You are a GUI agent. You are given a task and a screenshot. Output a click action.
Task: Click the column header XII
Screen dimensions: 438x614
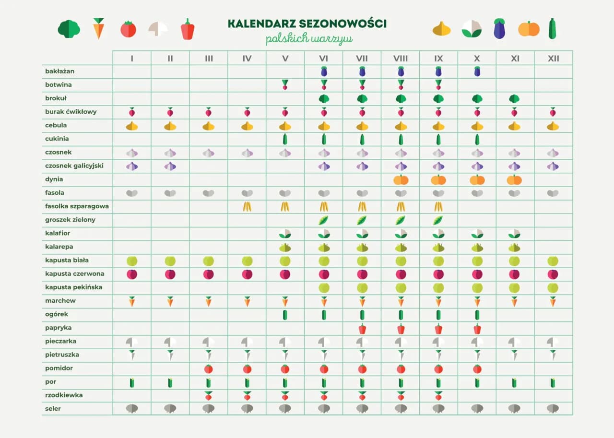(553, 59)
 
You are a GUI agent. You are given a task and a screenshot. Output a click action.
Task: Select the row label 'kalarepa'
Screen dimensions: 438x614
(59, 247)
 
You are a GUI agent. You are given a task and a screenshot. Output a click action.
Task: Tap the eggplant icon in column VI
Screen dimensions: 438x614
(324, 71)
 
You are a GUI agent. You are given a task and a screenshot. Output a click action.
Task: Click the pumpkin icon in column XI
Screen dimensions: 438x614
(514, 180)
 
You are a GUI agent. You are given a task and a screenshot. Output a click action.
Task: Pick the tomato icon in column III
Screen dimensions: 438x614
(208, 369)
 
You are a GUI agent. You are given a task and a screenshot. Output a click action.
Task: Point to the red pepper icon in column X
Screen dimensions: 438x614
(477, 329)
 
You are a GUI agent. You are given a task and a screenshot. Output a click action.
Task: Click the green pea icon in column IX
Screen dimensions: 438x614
(438, 220)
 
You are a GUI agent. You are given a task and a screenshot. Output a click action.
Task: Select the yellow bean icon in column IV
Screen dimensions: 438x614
(247, 207)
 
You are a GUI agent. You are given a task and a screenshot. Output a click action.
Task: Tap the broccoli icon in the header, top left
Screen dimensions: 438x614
(69, 29)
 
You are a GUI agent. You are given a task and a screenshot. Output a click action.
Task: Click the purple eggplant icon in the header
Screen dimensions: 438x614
(499, 29)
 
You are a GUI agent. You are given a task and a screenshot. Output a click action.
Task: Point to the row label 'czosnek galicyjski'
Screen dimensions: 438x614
(74, 166)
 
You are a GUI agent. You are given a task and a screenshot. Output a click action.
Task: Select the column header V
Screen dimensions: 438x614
(285, 59)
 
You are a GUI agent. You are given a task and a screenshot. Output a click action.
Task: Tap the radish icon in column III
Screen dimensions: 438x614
(208, 396)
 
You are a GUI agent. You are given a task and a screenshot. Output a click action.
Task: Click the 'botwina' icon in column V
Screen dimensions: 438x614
(285, 85)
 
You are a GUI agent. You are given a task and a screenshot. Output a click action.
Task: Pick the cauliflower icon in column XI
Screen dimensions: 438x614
(514, 234)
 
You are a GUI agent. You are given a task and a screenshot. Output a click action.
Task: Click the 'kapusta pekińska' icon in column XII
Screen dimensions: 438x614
(553, 288)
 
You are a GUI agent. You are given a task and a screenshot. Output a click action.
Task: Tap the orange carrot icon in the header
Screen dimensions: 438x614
(98, 29)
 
